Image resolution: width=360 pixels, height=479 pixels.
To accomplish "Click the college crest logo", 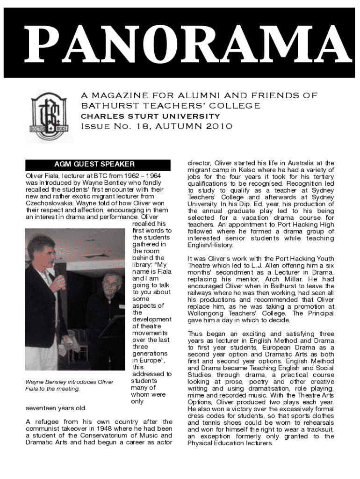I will tap(49, 116).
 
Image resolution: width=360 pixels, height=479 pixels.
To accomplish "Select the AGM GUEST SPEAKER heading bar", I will tap(94, 165).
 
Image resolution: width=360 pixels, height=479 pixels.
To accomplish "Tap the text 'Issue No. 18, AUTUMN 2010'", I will tap(157, 127).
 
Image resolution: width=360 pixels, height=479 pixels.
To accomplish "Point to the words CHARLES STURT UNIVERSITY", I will tap(151, 116).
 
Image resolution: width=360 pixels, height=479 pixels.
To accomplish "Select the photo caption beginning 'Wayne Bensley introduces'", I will tap(69, 385).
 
